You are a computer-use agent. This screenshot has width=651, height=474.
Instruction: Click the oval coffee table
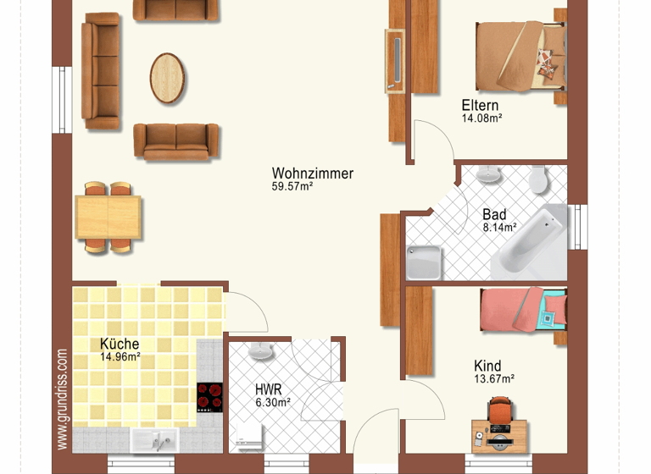pyautogui.click(x=168, y=78)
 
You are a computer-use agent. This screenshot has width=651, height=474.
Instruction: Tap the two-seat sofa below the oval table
pyautogui.click(x=176, y=141)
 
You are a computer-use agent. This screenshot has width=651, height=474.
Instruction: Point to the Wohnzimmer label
pyautogui.click(x=312, y=174)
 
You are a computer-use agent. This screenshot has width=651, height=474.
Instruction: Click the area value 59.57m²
pyautogui.click(x=292, y=188)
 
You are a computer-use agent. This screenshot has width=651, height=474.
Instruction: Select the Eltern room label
pyautogui.click(x=480, y=105)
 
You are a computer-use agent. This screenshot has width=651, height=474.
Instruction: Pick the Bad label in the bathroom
pyautogui.click(x=494, y=214)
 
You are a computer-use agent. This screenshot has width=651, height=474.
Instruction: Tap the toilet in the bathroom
pyautogui.click(x=537, y=180)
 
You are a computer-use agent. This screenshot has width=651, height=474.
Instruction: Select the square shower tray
pyautogui.click(x=423, y=262)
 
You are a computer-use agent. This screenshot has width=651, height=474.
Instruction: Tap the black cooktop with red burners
pyautogui.click(x=209, y=397)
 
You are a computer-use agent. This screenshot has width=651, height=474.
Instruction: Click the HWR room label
pyautogui.click(x=268, y=389)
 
